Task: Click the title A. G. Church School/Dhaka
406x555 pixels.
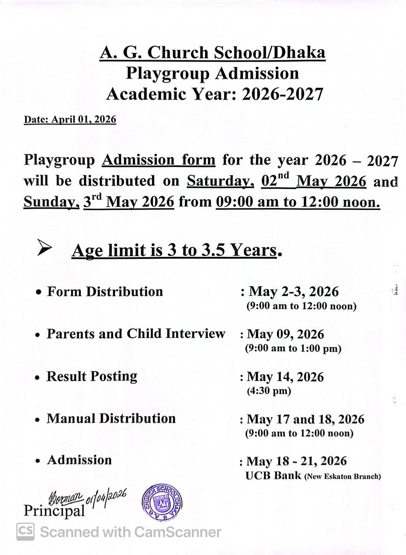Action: click(x=212, y=53)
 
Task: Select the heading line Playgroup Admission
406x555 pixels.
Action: click(x=212, y=73)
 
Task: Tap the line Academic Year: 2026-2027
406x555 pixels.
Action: click(x=214, y=94)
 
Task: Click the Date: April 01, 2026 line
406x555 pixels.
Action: click(x=70, y=120)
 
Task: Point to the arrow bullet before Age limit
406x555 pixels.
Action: click(x=44, y=248)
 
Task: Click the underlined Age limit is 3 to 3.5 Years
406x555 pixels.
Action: click(x=174, y=251)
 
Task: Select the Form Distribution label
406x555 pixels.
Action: click(x=105, y=291)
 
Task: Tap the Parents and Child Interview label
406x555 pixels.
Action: click(x=136, y=333)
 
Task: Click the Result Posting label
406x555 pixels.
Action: click(x=92, y=376)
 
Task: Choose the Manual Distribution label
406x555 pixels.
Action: click(x=111, y=418)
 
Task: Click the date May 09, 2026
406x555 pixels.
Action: click(x=285, y=334)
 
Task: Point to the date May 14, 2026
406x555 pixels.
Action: click(x=285, y=377)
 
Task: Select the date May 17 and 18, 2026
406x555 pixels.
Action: click(x=305, y=419)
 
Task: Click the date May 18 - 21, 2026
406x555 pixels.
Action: click(x=296, y=461)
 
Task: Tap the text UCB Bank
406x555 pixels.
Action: click(x=273, y=476)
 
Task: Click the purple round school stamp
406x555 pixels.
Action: click(x=162, y=503)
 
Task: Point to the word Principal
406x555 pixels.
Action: click(x=54, y=511)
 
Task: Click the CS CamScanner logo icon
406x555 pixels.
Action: click(x=26, y=532)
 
